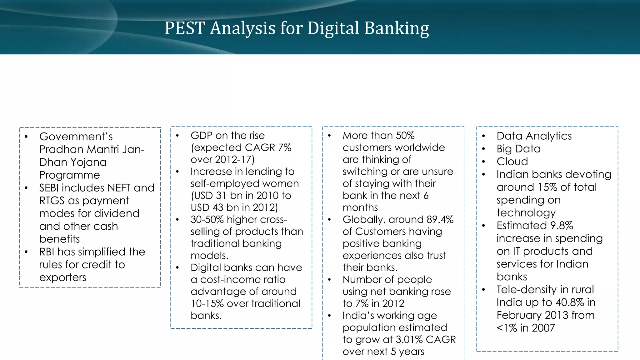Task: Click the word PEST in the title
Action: click(184, 28)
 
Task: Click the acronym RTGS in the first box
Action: click(52, 201)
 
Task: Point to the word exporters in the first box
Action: click(62, 277)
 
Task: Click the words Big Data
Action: click(518, 149)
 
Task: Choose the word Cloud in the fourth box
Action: click(512, 162)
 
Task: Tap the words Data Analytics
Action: click(534, 136)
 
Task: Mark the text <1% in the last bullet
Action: click(507, 328)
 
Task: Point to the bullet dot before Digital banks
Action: click(177, 268)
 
